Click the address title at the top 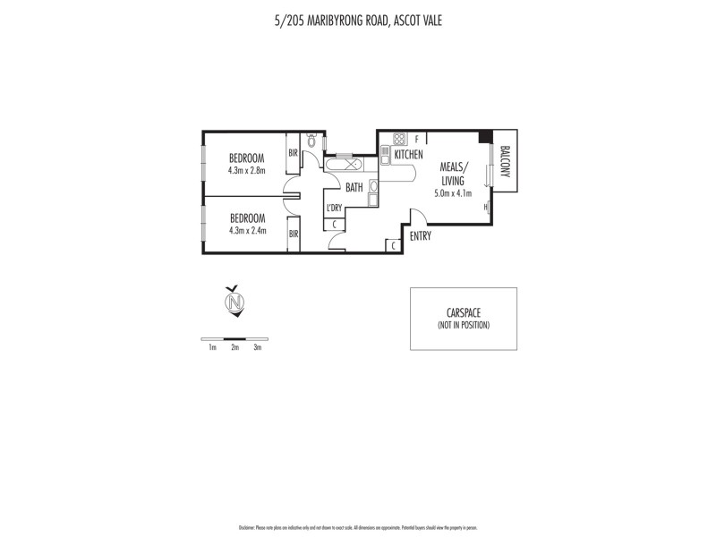click(358, 19)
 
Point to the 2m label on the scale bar click(234, 347)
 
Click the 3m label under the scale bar click(258, 347)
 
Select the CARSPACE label click(464, 313)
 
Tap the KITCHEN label click(408, 155)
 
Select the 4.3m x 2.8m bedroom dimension click(246, 170)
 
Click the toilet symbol click(311, 141)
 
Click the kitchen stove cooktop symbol click(399, 139)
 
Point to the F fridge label click(417, 139)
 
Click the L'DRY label click(335, 209)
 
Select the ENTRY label click(420, 236)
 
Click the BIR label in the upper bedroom click(293, 153)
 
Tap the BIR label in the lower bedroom click(293, 234)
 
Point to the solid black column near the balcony click(484, 137)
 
